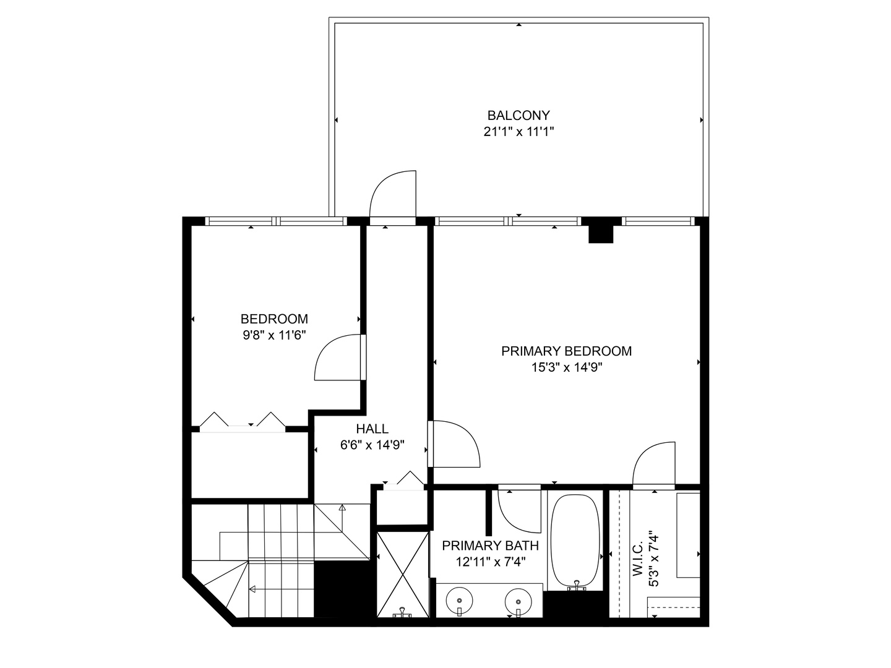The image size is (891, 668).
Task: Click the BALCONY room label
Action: point(519,115)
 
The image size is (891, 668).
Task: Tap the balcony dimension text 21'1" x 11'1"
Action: point(519,131)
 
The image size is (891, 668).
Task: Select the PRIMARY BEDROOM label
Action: point(566,351)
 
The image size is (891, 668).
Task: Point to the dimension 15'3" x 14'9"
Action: point(566,367)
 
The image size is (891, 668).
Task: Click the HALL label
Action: point(372,429)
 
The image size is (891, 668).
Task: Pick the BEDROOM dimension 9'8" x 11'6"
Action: point(274,335)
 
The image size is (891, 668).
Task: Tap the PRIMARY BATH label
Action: point(490,546)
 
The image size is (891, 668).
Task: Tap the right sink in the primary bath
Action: point(517,600)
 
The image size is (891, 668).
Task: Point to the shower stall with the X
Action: point(403,574)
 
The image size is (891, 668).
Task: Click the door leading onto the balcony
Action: point(392,197)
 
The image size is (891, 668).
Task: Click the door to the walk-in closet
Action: point(653,464)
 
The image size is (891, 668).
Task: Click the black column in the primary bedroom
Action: point(600,231)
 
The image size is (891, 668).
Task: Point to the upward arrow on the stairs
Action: point(342,508)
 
